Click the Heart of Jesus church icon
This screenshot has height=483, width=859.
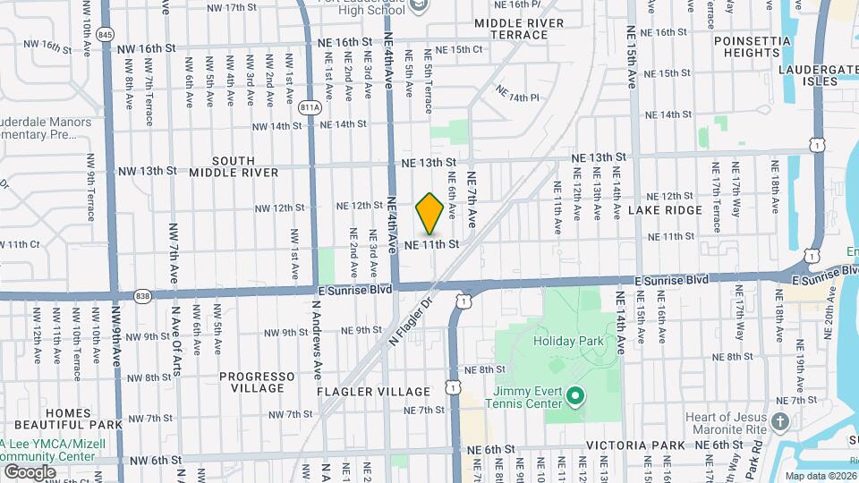point(780,420)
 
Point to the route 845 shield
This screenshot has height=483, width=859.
point(106,34)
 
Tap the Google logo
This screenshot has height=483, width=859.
point(30,471)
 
